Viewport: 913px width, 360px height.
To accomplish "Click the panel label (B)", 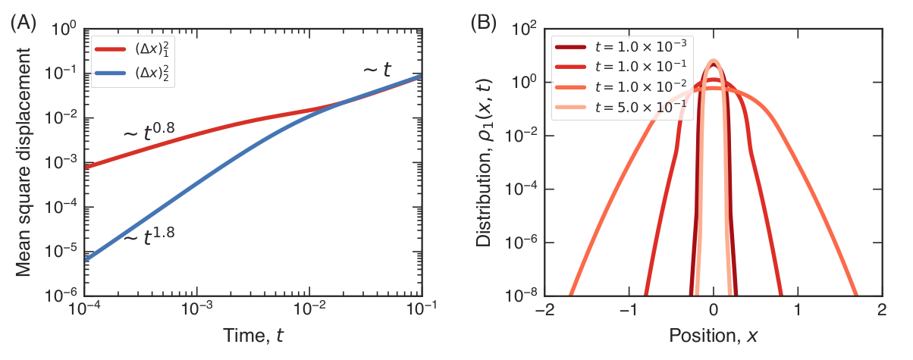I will click(x=485, y=23).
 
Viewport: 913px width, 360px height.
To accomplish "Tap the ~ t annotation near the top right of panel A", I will click(x=376, y=70).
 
